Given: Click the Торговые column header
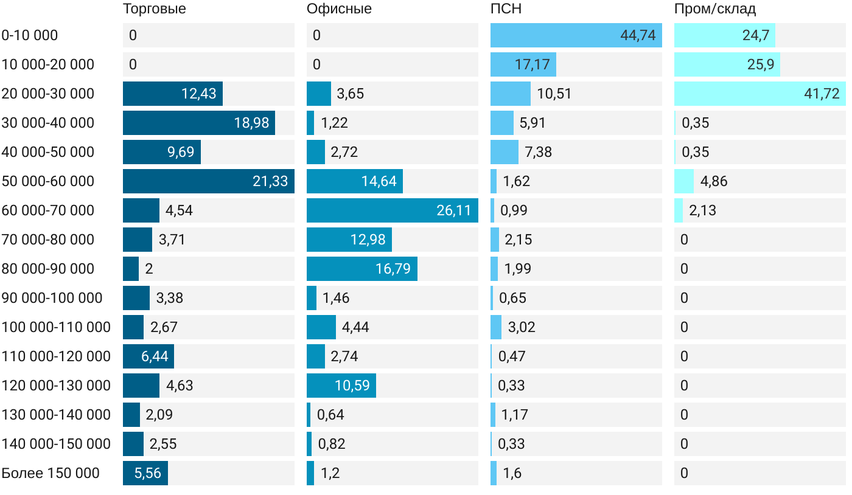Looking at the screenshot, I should (x=154, y=9).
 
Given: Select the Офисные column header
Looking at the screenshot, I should (x=339, y=9).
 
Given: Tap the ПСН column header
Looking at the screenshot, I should (x=506, y=9).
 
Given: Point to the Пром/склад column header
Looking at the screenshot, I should (x=714, y=9).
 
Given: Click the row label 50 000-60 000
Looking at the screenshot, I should (x=48, y=181).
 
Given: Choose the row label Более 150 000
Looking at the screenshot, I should (x=51, y=473).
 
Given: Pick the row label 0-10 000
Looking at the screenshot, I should (x=30, y=35).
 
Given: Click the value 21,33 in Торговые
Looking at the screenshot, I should (x=270, y=181).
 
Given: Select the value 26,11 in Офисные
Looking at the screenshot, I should (x=454, y=210).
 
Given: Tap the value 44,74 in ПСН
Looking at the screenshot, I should (x=638, y=35).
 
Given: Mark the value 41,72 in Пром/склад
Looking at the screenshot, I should (x=822, y=94).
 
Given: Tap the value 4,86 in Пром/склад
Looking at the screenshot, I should (x=714, y=181).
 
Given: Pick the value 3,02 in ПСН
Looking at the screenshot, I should (x=522, y=327).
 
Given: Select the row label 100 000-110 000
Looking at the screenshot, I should (x=56, y=327).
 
